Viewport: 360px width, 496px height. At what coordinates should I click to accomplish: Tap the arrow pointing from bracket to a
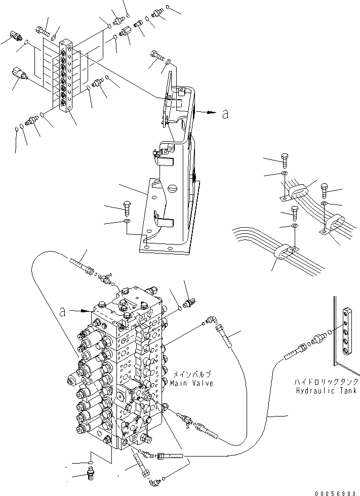pyautogui.click(x=207, y=112)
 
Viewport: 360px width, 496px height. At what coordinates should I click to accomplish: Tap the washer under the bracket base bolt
pyautogui.click(x=127, y=222)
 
